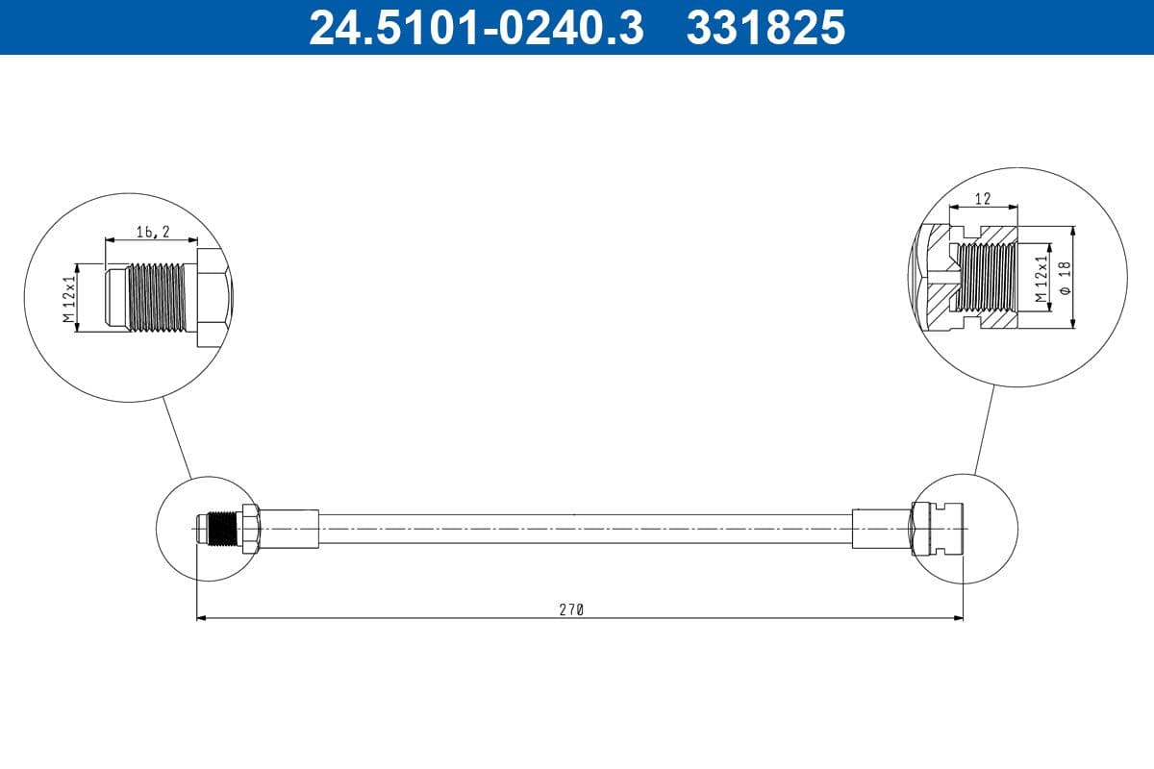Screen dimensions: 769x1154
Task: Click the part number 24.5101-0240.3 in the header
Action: pos(475,27)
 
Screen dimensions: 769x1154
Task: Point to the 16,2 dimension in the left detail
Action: pos(151,232)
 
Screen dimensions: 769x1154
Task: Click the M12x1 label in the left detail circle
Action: pos(68,299)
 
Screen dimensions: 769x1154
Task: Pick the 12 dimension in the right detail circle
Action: pos(982,198)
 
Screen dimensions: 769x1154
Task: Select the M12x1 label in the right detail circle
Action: pos(1041,279)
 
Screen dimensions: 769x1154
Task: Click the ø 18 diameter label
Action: pos(1064,278)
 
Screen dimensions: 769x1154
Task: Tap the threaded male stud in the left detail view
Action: pos(159,298)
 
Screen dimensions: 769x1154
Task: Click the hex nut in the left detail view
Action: pos(213,298)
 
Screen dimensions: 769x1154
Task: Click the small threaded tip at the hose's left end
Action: pos(218,529)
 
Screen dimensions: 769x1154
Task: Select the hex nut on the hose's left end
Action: pos(250,529)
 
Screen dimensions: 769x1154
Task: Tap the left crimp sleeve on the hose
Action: pos(288,529)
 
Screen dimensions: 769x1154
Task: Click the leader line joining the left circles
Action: pos(177,438)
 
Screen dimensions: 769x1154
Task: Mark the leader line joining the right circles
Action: pos(985,430)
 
